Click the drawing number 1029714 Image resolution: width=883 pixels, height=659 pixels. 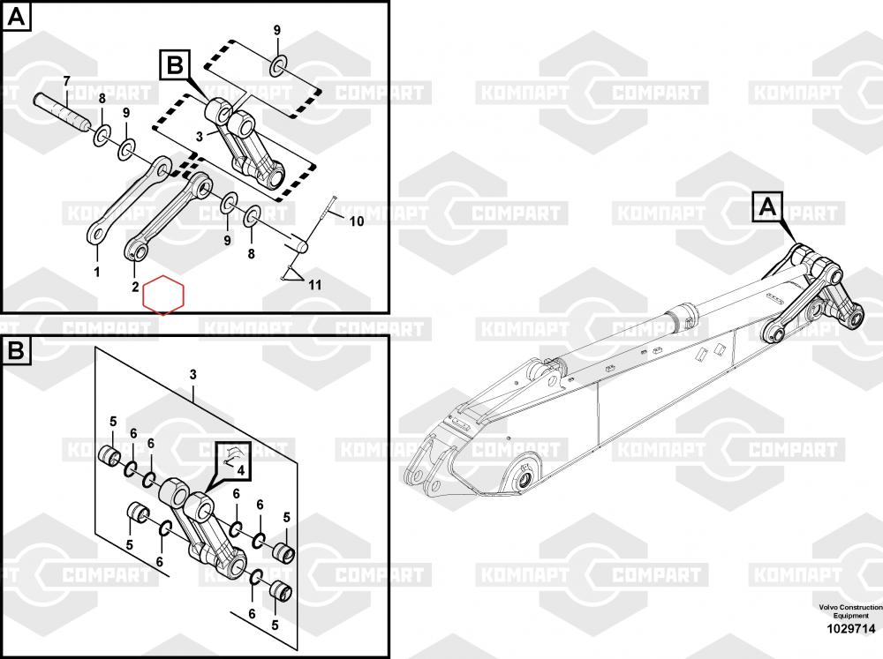pyautogui.click(x=851, y=628)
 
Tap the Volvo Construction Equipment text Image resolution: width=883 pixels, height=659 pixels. pyautogui.click(x=851, y=611)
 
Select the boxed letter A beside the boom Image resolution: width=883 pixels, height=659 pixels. pyautogui.click(x=767, y=207)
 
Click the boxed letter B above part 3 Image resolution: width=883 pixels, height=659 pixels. pyautogui.click(x=175, y=64)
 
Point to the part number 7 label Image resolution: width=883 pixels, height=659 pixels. pyautogui.click(x=66, y=81)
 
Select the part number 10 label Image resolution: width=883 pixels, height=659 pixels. pyautogui.click(x=357, y=221)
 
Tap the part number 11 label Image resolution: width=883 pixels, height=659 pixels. pyautogui.click(x=315, y=285)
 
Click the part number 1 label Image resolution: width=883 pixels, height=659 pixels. pyautogui.click(x=97, y=272)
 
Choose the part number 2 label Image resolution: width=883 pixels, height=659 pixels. pyautogui.click(x=135, y=287)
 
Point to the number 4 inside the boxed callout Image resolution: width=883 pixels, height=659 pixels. pyautogui.click(x=240, y=470)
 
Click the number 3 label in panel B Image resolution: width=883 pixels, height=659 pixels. pyautogui.click(x=193, y=375)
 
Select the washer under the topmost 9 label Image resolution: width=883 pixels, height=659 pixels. pyautogui.click(x=279, y=66)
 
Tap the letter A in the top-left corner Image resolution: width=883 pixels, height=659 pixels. pyautogui.click(x=16, y=17)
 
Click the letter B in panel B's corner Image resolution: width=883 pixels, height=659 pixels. pyautogui.click(x=16, y=350)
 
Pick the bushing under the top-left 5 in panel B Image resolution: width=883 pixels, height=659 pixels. pyautogui.click(x=109, y=454)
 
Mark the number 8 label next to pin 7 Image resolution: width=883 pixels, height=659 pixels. pyautogui.click(x=102, y=99)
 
